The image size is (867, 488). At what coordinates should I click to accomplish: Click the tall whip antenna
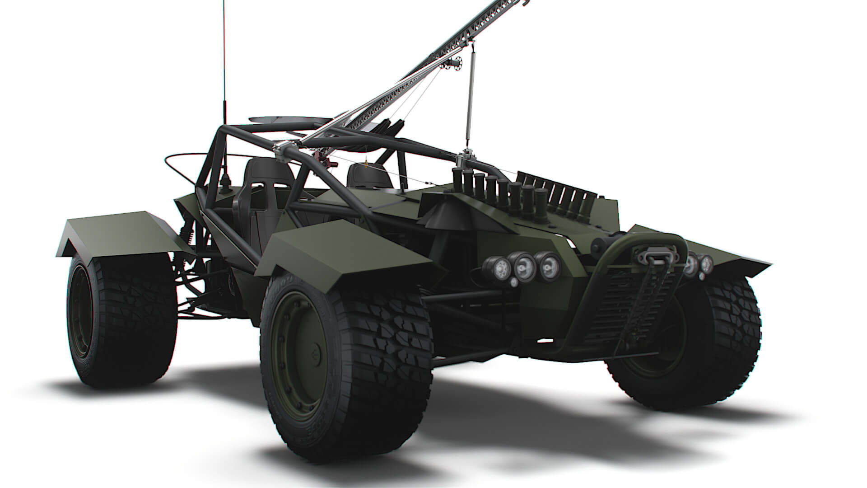[x=224, y=68]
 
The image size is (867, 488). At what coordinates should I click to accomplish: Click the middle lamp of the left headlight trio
[x=524, y=268]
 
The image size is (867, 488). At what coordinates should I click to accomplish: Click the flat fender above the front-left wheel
[x=348, y=253]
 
